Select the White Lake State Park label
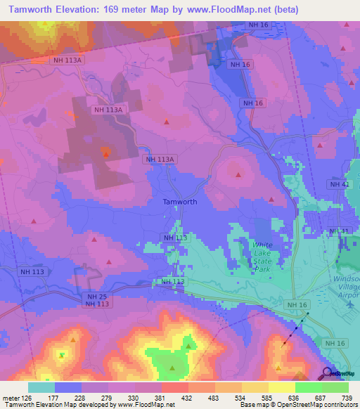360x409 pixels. [262, 257]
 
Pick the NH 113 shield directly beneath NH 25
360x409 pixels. [97, 304]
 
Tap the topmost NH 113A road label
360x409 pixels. [68, 60]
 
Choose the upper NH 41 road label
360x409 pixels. [339, 184]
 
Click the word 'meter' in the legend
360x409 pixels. [10, 397]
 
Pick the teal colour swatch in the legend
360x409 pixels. [41, 387]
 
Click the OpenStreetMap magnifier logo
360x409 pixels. [327, 373]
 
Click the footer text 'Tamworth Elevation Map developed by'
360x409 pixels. [60, 405]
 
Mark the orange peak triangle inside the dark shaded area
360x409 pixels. [105, 152]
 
